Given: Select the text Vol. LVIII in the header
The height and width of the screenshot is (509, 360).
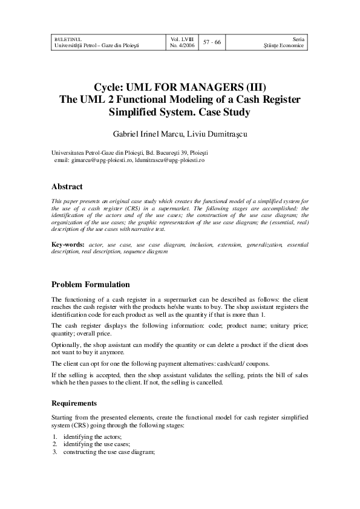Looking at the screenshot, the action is click(183, 37).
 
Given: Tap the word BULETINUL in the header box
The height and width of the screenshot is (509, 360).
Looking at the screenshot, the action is click(67, 37).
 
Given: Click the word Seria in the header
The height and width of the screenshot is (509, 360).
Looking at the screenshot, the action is click(299, 37).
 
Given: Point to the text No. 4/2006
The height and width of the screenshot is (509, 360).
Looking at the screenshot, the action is click(184, 45).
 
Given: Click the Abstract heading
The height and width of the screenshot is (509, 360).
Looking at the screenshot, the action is click(67, 187).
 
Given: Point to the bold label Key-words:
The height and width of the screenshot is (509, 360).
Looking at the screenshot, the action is click(68, 244).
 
